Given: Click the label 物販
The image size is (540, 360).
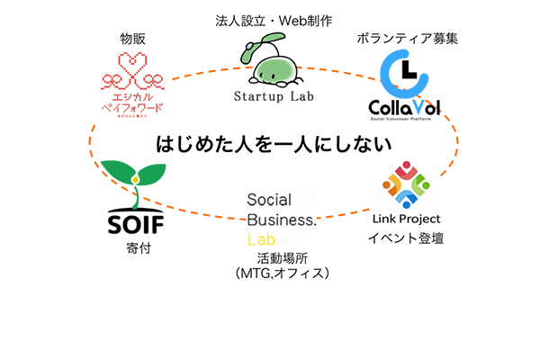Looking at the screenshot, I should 132,39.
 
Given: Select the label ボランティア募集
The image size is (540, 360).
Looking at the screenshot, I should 395,39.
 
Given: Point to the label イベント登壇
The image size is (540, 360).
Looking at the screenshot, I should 405,238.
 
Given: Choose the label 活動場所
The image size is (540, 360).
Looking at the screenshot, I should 281,258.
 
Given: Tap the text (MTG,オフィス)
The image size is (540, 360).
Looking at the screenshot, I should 281,272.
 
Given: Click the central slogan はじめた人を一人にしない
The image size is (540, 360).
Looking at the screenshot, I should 275,143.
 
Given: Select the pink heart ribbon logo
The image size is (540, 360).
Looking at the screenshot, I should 132,71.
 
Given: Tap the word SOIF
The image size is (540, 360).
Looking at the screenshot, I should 132,221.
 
